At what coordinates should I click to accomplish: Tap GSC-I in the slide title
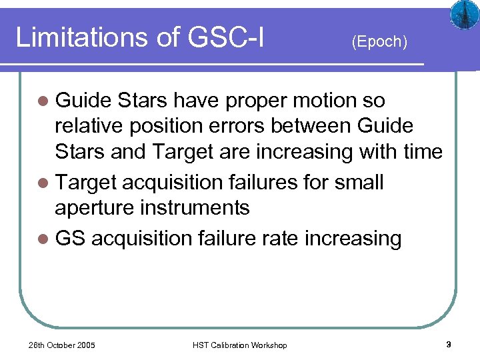click(x=227, y=37)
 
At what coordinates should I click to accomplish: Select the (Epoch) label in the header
click(x=379, y=41)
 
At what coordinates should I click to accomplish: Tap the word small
click(x=360, y=182)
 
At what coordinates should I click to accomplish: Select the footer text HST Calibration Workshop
click(x=239, y=345)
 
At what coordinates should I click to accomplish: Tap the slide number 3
click(x=449, y=345)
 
